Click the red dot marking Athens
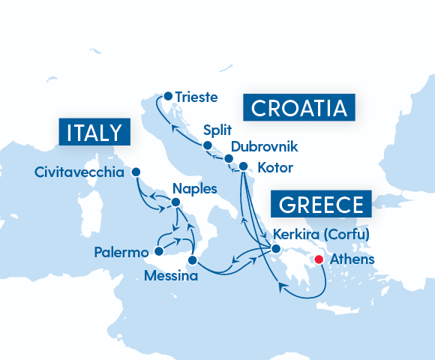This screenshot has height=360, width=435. pyautogui.click(x=318, y=259)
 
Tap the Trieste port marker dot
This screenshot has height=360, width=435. pyautogui.click(x=168, y=96)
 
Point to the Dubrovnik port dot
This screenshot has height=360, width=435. pyautogui.click(x=229, y=158)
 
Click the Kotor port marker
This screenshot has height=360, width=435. pyautogui.click(x=243, y=166)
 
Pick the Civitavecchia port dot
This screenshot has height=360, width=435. pyautogui.click(x=136, y=172)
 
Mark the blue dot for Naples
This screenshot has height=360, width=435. pyautogui.click(x=175, y=202)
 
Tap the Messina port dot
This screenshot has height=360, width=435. pyautogui.click(x=192, y=260)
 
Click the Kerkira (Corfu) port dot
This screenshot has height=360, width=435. pyautogui.click(x=275, y=249)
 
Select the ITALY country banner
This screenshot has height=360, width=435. pyautogui.click(x=94, y=133)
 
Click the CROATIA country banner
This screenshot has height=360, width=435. pyautogui.click(x=298, y=108)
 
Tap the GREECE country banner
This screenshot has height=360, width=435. pyautogui.click(x=322, y=205)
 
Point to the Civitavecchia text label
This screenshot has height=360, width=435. pyautogui.click(x=79, y=173)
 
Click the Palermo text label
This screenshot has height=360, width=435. pyautogui.click(x=121, y=253)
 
